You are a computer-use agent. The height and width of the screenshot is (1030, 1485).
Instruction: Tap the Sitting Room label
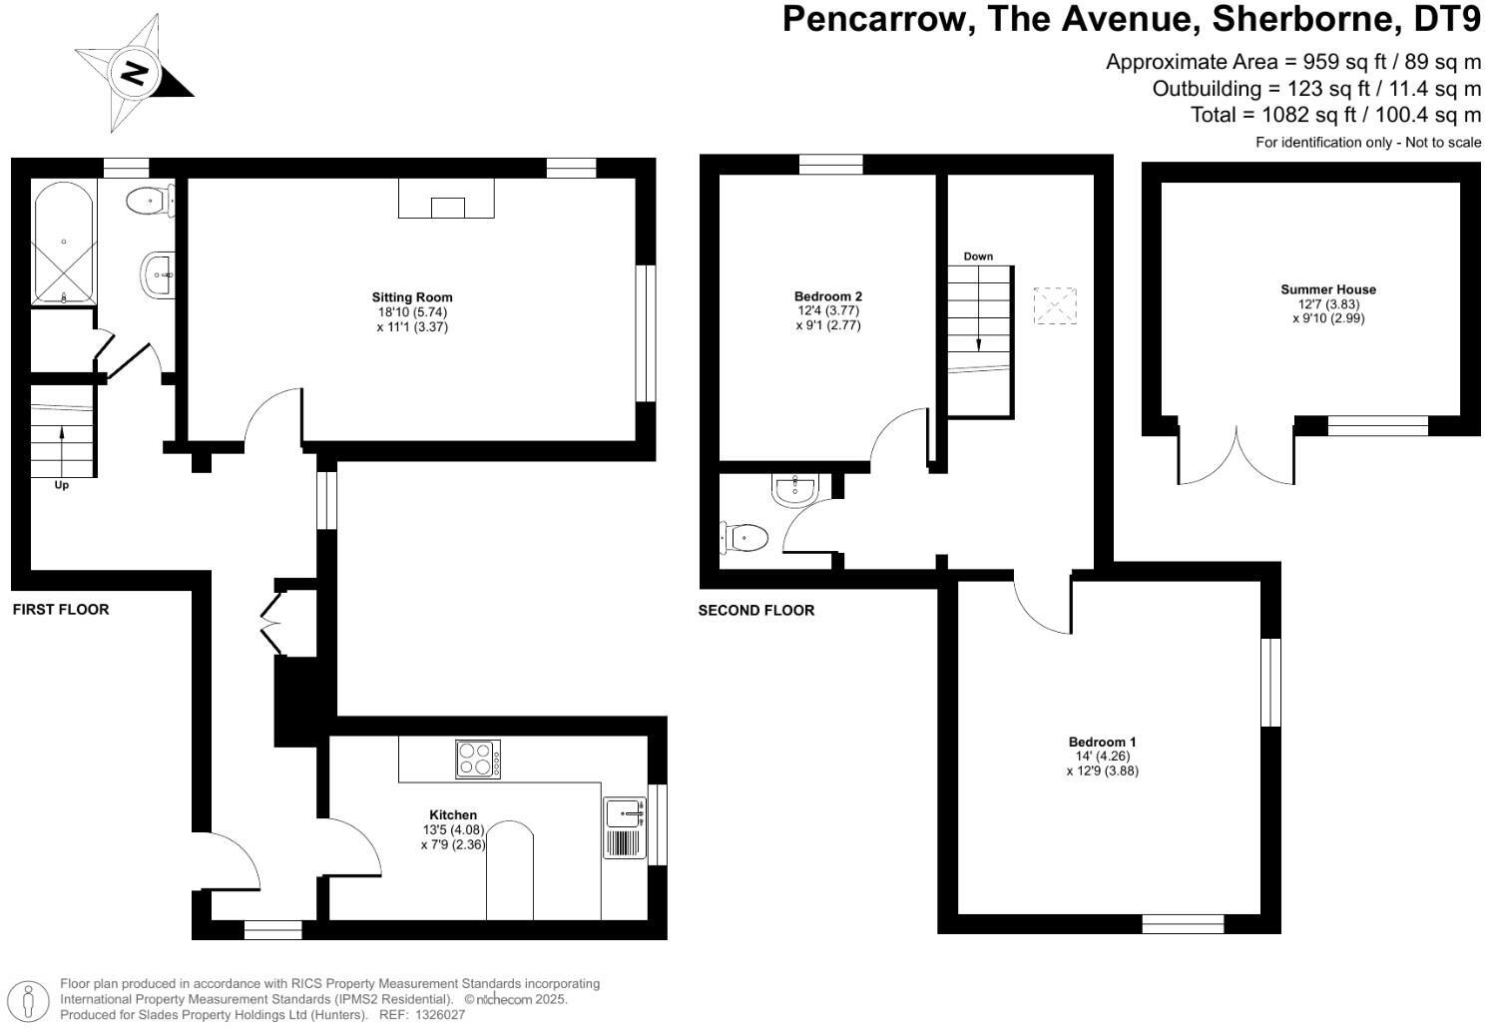411,296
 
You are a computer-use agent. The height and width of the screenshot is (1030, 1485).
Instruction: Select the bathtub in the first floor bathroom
64,245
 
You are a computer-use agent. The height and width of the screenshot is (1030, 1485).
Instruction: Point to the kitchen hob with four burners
478,759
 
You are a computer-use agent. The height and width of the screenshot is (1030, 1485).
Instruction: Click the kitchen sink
625,813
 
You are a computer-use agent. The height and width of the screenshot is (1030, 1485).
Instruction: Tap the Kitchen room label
453,814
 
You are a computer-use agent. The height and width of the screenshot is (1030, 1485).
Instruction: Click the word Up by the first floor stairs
62,486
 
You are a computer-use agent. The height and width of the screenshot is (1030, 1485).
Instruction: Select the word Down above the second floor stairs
978,257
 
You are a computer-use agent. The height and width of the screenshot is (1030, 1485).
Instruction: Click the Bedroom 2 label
827,295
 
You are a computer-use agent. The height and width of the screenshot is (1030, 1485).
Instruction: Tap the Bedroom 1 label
1102,742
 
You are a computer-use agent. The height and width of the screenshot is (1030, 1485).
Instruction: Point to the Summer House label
1327,289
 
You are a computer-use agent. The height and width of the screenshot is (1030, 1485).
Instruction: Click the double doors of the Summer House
1237,456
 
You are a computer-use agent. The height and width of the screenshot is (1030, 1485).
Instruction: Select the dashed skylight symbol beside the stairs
1056,305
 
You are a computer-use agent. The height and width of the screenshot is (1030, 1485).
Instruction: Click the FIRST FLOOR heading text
61,609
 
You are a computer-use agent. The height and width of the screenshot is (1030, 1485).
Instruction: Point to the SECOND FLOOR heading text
755,610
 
